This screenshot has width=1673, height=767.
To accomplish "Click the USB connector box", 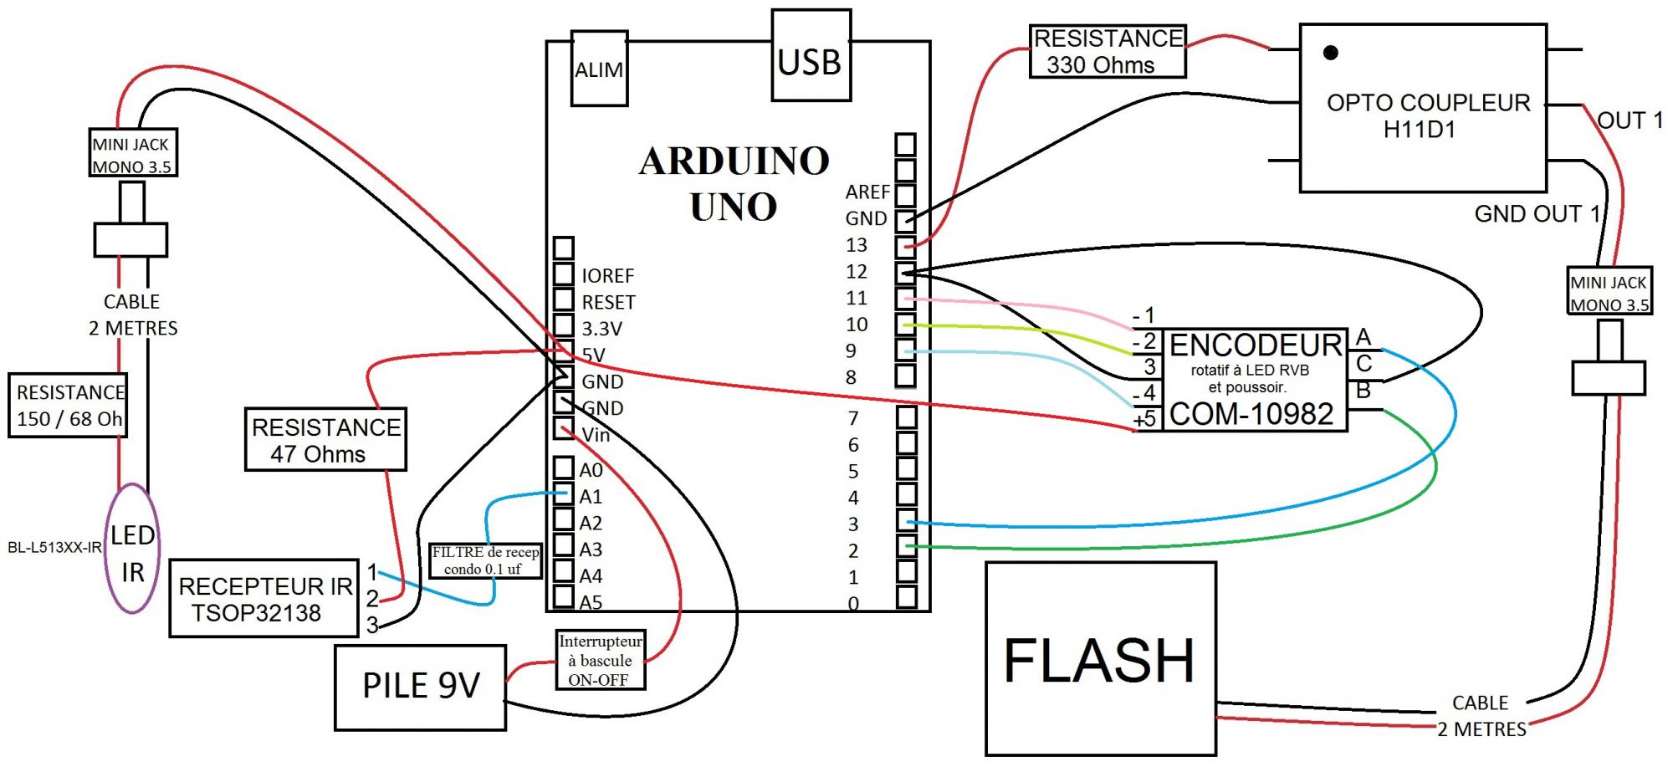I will pyautogui.click(x=811, y=56).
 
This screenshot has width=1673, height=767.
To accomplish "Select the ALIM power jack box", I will pyautogui.click(x=599, y=69).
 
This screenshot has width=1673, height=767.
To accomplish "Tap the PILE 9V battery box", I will pyautogui.click(x=421, y=687).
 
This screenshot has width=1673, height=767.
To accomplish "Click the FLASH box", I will pyautogui.click(x=1100, y=658).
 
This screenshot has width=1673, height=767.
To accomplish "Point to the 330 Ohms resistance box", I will pyautogui.click(x=1107, y=52).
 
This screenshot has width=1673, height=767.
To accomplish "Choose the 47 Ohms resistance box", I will pyautogui.click(x=325, y=440).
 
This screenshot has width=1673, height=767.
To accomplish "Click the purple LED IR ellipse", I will pyautogui.click(x=132, y=549).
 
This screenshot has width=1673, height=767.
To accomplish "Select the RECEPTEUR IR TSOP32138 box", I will pyautogui.click(x=263, y=599).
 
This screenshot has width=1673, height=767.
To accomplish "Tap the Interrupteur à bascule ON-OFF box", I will pyautogui.click(x=601, y=660).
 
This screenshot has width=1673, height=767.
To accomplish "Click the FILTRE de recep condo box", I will pyautogui.click(x=486, y=560).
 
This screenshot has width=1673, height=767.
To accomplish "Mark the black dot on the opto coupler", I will pyautogui.click(x=1330, y=53).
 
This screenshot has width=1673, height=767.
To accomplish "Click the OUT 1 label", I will pyautogui.click(x=1630, y=121).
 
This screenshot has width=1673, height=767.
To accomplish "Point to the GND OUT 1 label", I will pyautogui.click(x=1537, y=214).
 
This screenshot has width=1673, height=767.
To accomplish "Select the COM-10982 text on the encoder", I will pyautogui.click(x=1251, y=414).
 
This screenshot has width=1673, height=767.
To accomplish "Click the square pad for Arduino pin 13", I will pyautogui.click(x=905, y=247).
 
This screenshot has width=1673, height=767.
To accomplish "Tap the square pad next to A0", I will pyautogui.click(x=564, y=468).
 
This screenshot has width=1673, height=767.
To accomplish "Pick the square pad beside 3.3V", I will pyautogui.click(x=564, y=326).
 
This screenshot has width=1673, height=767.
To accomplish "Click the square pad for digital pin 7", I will pyautogui.click(x=906, y=416).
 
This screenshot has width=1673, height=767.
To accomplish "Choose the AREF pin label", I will pyautogui.click(x=867, y=192).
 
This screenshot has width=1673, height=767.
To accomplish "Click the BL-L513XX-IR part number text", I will pyautogui.click(x=54, y=548).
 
